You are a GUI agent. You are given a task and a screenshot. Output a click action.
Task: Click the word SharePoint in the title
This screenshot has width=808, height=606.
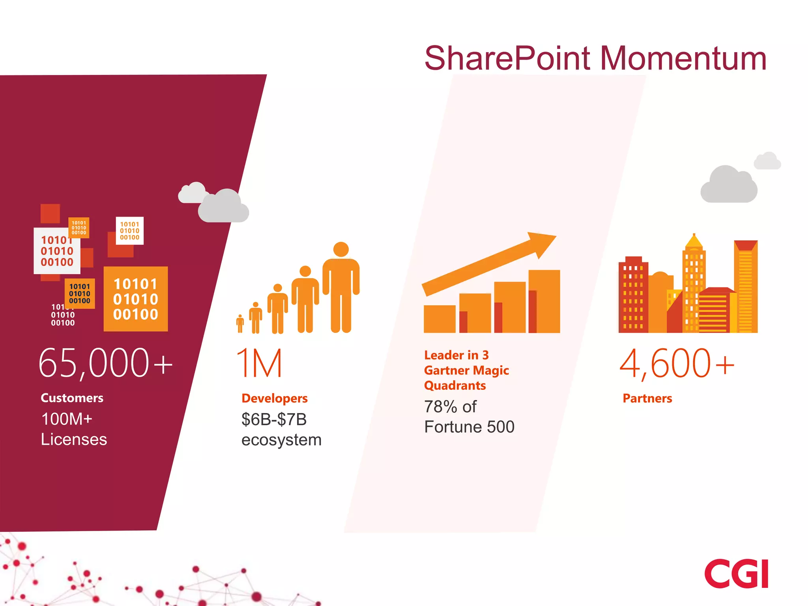click(507, 58)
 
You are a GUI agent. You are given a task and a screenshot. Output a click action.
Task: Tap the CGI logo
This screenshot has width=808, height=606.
click(736, 574)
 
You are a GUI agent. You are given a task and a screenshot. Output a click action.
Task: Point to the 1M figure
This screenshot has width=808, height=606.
click(259, 363)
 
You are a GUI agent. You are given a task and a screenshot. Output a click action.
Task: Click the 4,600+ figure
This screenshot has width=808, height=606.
click(677, 363)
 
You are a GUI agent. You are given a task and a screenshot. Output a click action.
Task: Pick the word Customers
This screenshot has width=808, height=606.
click(72, 398)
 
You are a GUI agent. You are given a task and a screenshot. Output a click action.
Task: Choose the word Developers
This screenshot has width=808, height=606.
click(275, 398)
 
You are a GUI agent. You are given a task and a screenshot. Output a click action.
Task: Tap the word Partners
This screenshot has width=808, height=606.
click(647, 398)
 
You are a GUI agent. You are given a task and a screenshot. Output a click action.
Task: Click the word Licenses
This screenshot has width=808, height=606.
click(74, 440)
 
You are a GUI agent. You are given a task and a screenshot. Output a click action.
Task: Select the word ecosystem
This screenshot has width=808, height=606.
click(281, 440)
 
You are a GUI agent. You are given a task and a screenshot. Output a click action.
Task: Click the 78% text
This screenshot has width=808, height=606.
click(440, 407)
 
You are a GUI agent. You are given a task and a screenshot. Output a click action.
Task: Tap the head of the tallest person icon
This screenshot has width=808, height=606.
click(341, 249)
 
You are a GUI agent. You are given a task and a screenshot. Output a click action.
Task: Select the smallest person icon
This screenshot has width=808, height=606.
click(240, 324)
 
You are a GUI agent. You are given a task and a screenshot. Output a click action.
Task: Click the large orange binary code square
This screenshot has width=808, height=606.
click(135, 299)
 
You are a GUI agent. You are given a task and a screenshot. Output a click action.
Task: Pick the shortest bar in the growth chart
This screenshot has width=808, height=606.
click(439, 319)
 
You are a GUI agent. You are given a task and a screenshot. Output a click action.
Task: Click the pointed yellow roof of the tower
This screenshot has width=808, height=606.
click(694, 241)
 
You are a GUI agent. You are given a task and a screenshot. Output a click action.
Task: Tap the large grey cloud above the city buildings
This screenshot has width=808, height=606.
click(728, 185)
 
